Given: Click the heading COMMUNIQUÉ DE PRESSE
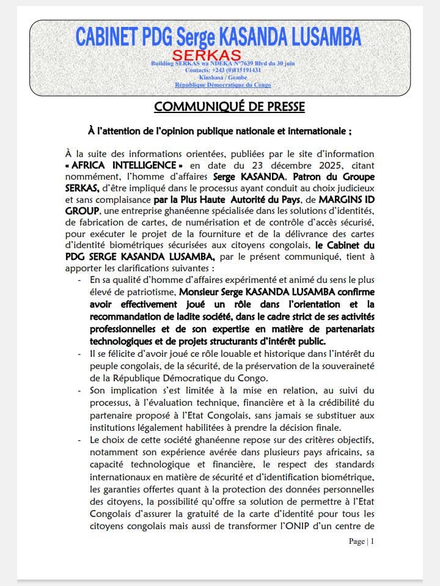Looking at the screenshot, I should (229, 107).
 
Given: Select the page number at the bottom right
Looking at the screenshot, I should (361, 541).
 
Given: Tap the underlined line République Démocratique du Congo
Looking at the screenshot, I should (223, 85).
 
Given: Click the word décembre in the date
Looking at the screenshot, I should (274, 166).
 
